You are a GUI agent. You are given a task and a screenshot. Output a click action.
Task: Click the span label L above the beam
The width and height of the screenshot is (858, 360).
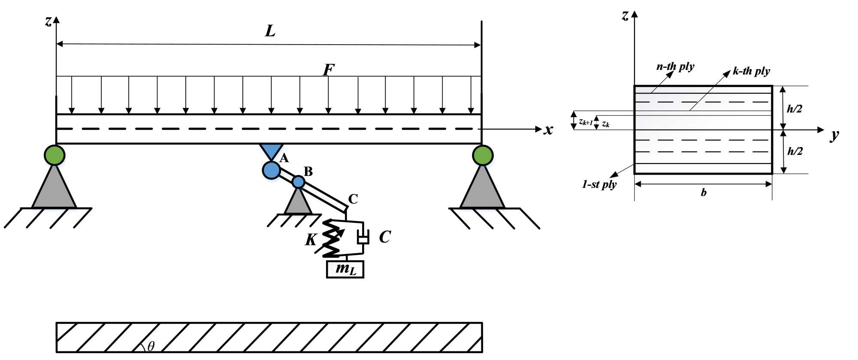(270, 31)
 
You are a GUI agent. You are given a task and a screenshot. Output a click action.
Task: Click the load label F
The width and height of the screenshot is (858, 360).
(329, 70)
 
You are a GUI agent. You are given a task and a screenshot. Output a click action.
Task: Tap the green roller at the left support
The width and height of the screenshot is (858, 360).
(54, 155)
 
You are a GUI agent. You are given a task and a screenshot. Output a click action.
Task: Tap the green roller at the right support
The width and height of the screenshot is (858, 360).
(483, 155)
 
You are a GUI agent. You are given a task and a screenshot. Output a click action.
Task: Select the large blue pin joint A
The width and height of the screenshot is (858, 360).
(271, 170)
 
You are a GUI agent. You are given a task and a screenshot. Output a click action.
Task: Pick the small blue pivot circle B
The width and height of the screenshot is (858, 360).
(298, 182)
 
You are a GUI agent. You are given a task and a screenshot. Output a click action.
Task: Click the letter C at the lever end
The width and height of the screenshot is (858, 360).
(353, 199)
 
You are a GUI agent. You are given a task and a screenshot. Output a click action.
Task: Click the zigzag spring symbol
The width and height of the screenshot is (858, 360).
(331, 238)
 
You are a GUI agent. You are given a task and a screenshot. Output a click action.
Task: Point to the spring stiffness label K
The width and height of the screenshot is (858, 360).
(311, 239)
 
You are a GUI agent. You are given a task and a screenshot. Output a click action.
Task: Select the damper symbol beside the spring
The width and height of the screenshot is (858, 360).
(363, 237)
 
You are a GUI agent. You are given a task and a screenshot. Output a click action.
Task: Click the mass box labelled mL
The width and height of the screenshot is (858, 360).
(345, 269)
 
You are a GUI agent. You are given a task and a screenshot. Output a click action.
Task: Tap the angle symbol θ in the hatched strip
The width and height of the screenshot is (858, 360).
(151, 346)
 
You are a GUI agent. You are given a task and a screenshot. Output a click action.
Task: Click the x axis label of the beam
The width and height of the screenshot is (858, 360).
(548, 130)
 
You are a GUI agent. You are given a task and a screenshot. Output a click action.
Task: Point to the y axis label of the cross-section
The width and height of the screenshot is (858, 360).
(834, 135)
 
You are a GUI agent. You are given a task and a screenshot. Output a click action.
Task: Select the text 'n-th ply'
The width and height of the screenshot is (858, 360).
(675, 67)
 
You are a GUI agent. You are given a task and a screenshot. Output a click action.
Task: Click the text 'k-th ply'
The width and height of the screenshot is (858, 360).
(751, 71)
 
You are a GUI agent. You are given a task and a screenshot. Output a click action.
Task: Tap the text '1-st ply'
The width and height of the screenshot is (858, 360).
(599, 185)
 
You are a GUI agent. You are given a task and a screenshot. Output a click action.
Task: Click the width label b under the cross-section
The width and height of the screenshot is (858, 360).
(704, 192)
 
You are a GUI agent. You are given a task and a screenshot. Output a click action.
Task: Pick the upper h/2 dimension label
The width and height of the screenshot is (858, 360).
(795, 109)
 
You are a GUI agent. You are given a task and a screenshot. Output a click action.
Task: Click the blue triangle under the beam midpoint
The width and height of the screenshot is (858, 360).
(271, 151)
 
